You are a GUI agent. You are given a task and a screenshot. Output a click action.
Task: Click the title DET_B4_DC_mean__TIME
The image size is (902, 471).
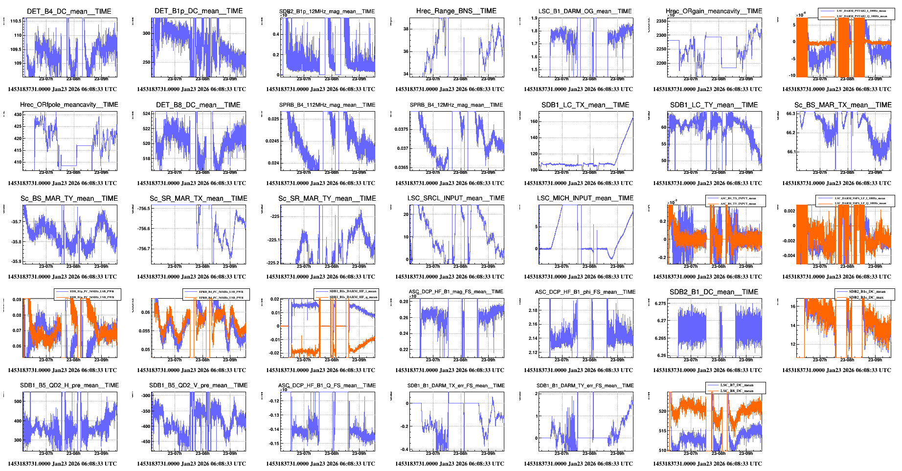click(69, 11)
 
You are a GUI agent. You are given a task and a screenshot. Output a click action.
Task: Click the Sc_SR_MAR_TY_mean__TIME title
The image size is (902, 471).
click(327, 198)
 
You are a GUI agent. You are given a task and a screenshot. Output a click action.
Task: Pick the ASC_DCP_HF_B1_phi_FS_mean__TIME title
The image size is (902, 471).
click(585, 292)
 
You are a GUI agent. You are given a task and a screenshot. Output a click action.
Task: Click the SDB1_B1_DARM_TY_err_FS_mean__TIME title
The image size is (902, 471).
click(585, 386)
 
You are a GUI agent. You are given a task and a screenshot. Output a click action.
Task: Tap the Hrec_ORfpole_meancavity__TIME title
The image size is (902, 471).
click(69, 105)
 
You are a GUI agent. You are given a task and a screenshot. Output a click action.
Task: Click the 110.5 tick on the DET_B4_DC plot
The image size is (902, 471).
click(16, 21)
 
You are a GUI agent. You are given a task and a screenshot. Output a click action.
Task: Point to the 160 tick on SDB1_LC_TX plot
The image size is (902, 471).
click(534, 121)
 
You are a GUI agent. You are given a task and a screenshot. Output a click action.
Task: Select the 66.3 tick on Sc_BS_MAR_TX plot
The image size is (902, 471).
click(790, 114)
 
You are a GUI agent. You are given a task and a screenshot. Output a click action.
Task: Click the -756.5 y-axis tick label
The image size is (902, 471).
click(144, 209)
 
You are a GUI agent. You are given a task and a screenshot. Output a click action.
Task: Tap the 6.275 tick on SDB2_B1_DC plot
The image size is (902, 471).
click(660, 304)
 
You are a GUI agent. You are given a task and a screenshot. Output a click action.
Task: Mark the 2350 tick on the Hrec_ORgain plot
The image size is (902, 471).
click(661, 21)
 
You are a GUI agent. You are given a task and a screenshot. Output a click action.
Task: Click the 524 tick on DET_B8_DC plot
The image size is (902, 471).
click(146, 114)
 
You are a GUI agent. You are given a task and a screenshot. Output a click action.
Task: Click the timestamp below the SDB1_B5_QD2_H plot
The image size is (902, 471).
click(62, 464)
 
